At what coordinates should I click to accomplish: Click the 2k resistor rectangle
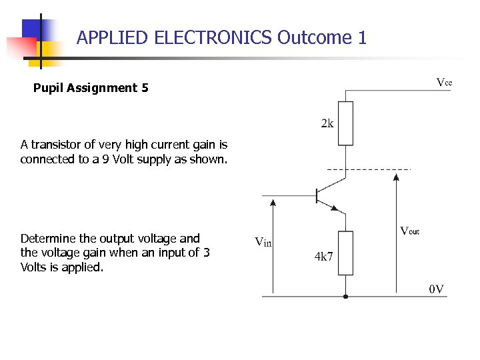(x=345, y=123)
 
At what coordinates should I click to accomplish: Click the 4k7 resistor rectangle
(x=345, y=253)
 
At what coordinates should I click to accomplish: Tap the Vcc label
(x=444, y=83)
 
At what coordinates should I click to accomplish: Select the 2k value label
(x=327, y=123)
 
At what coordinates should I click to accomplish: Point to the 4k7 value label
(x=323, y=257)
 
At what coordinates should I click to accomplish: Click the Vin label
(x=263, y=241)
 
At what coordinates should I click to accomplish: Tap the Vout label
(x=409, y=231)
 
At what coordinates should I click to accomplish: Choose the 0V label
(x=437, y=289)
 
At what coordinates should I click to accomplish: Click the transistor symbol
(x=327, y=196)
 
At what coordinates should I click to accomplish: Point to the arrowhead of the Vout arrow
(x=397, y=177)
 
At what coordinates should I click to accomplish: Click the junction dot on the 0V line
(x=345, y=296)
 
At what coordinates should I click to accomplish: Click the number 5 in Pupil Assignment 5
(x=145, y=88)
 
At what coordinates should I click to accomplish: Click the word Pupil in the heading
(x=48, y=88)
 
